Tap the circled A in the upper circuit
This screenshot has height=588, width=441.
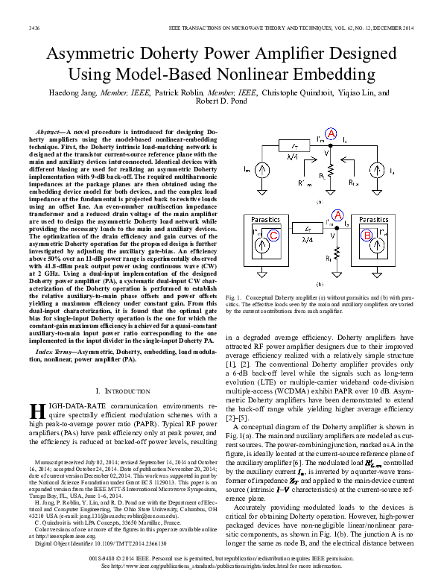[331, 134]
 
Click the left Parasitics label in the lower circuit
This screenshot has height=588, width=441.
[264, 221]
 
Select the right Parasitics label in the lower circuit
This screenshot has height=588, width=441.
[375, 221]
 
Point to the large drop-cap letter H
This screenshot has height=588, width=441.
[36, 412]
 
